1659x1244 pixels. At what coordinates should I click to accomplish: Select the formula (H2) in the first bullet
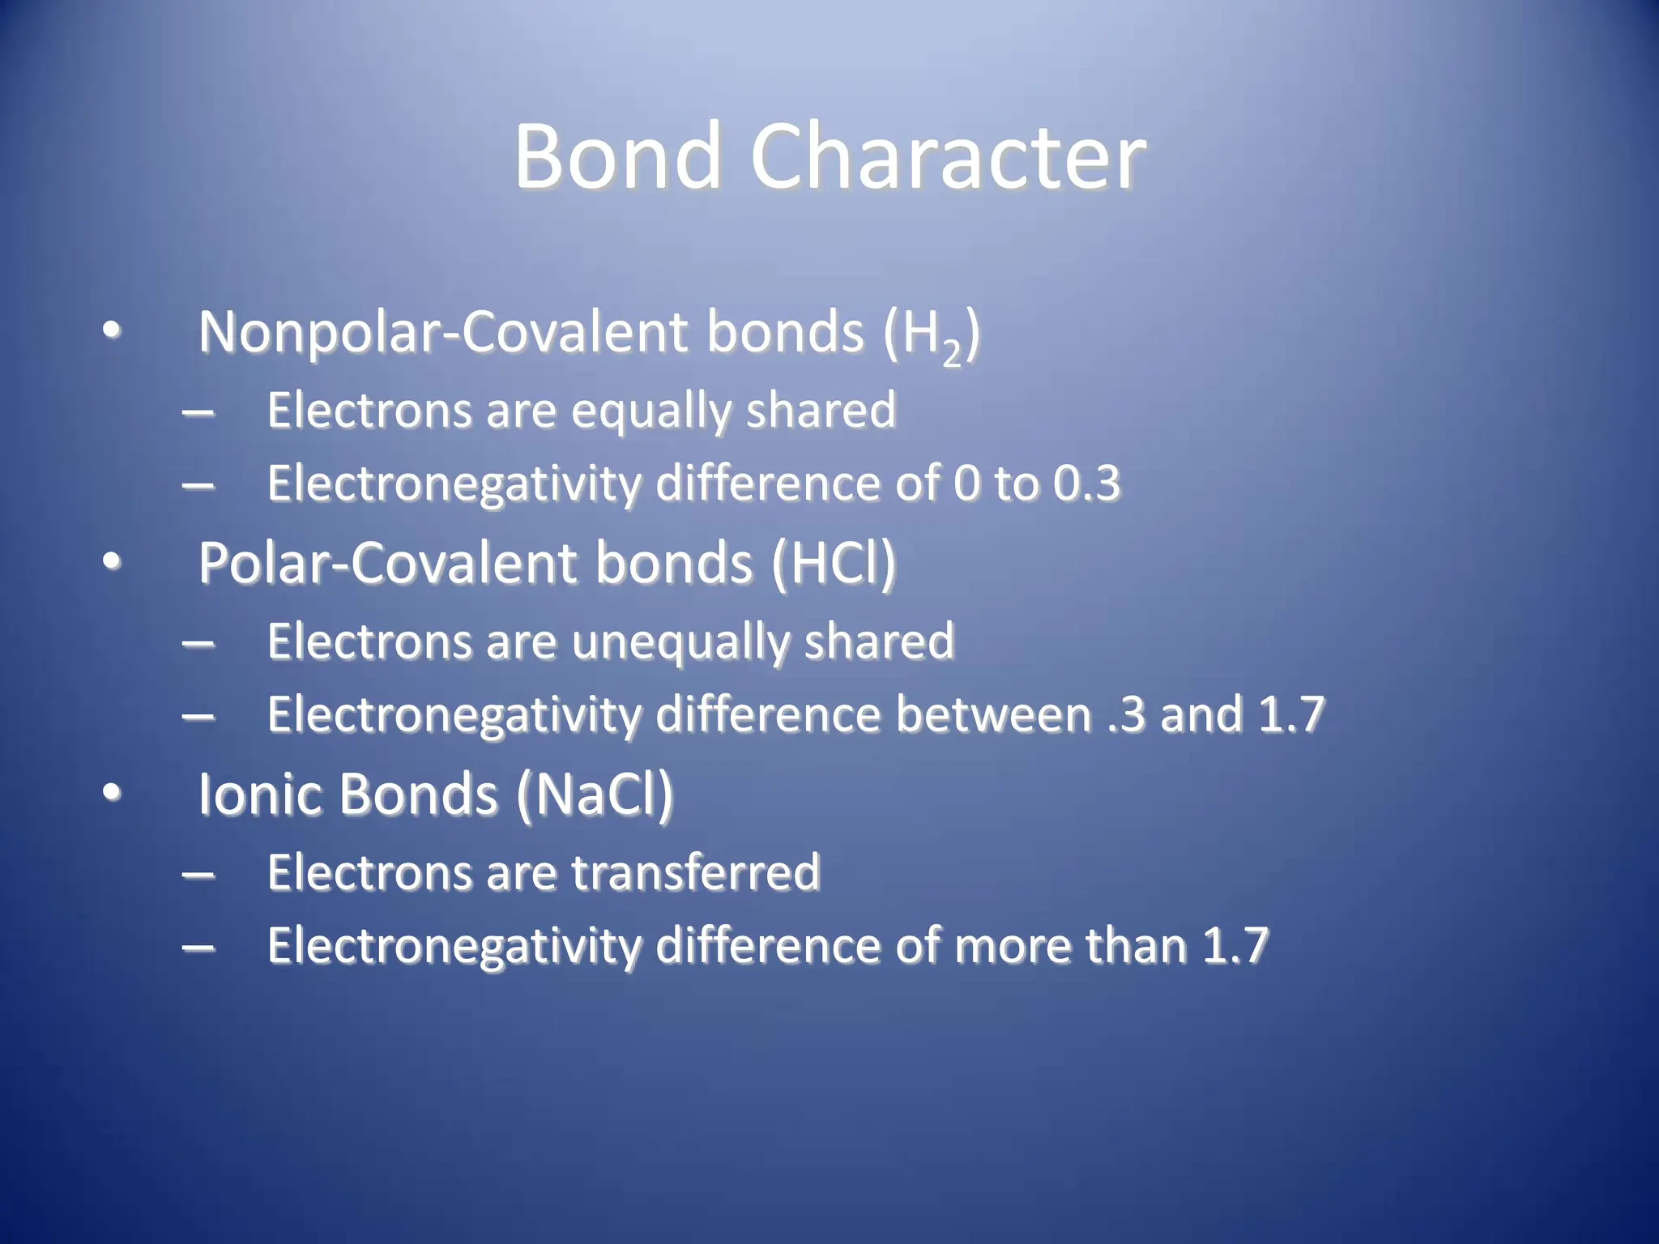[931, 335]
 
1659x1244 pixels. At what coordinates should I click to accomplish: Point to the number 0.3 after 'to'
[1086, 484]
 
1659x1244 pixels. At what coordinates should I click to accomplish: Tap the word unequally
[680, 642]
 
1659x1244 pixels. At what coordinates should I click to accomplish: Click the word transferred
[696, 873]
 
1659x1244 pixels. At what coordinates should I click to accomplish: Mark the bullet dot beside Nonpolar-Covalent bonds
[112, 330]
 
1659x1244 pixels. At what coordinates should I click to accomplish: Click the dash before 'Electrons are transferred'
[198, 875]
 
